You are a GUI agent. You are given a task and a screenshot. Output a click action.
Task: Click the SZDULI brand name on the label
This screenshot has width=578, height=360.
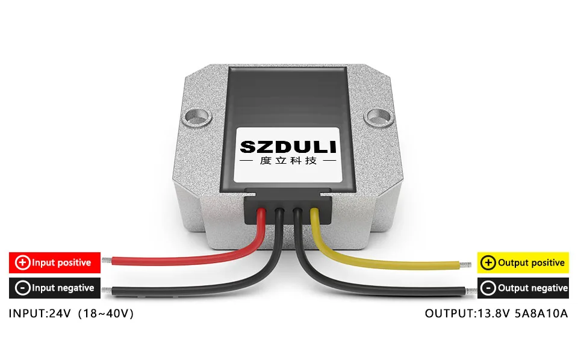[x=288, y=147]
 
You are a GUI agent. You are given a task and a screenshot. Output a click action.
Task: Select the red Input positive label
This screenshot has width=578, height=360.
[x=54, y=262]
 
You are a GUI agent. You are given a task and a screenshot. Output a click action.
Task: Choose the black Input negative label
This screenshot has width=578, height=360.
[x=54, y=288]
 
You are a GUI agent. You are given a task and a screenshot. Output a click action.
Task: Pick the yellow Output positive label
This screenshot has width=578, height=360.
[x=522, y=262]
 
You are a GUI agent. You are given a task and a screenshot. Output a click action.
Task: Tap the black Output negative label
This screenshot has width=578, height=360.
[x=522, y=288]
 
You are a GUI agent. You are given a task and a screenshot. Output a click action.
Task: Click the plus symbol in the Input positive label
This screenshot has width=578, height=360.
[x=22, y=262]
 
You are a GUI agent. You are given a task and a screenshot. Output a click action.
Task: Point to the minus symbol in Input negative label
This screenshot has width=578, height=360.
[x=22, y=288]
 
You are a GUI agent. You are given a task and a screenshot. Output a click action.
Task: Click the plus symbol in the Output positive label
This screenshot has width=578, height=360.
[x=489, y=263]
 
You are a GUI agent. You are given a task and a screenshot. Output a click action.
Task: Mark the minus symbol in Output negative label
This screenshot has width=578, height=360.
[x=489, y=288]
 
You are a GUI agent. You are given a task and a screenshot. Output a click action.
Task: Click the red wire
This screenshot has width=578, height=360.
[x=181, y=260]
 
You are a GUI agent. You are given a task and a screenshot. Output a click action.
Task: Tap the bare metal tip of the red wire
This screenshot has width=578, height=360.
[x=107, y=261]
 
